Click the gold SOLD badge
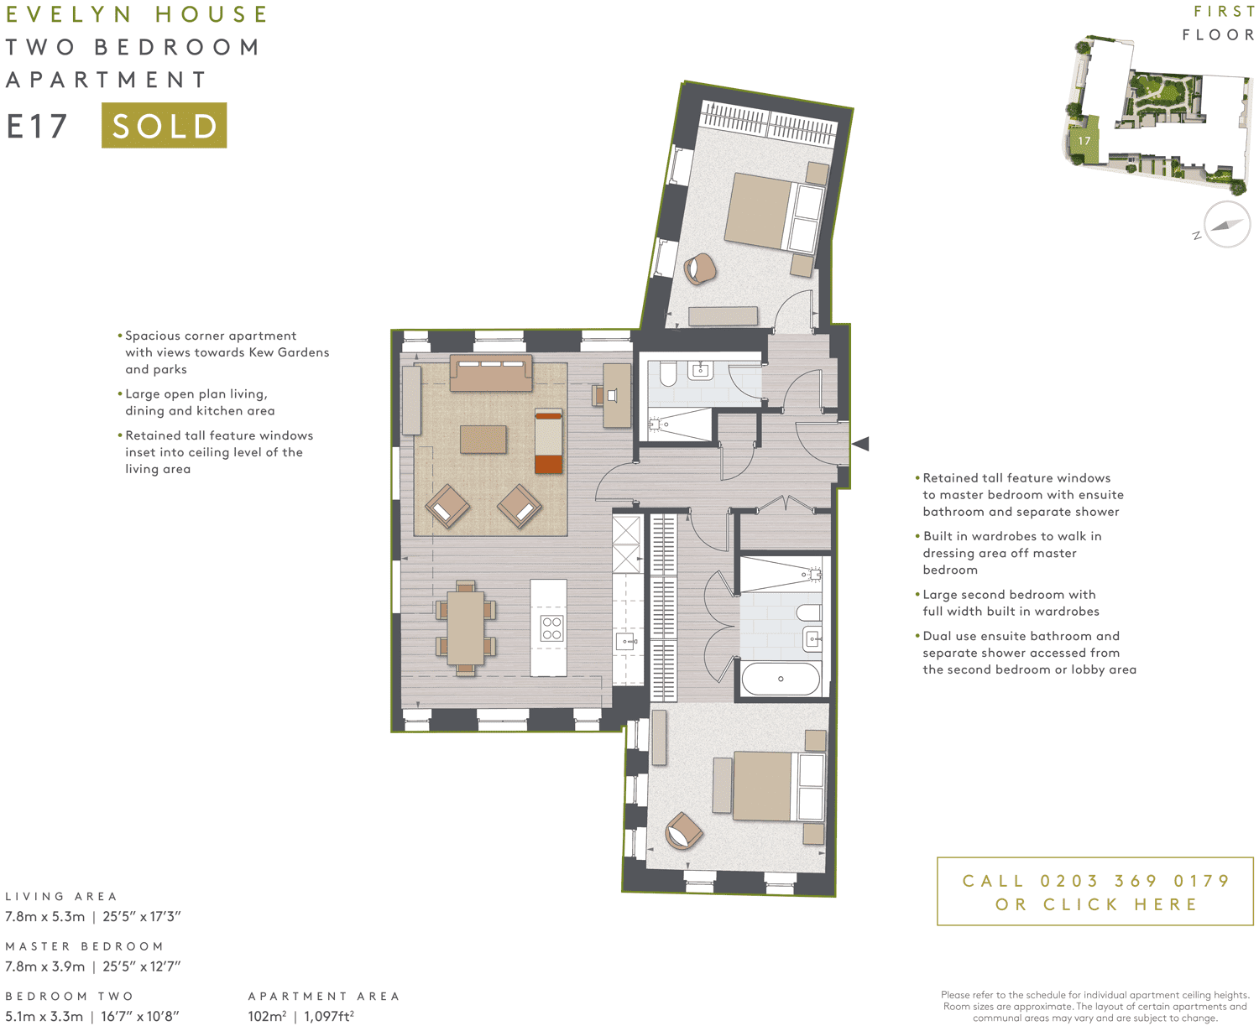[164, 125]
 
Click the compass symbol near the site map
[1226, 225]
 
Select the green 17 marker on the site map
[1084, 141]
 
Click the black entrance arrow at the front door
[861, 444]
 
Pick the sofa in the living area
[491, 373]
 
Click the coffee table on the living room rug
[483, 440]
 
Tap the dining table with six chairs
[465, 628]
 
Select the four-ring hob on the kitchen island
[551, 628]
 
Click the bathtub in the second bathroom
[781, 679]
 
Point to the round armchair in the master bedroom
[699, 269]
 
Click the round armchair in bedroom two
[683, 831]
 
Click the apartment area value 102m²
[267, 1016]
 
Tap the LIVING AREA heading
[61, 896]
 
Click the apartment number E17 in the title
[37, 126]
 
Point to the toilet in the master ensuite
[668, 373]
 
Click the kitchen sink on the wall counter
[627, 642]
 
